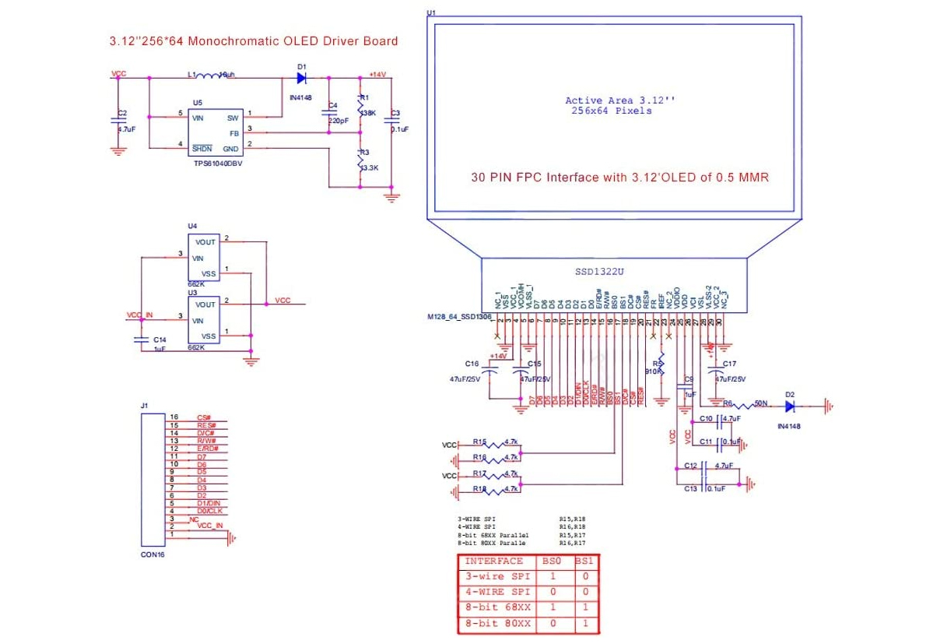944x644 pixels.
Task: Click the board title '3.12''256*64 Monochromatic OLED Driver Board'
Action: click(x=254, y=41)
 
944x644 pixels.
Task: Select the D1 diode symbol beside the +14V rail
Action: click(x=301, y=78)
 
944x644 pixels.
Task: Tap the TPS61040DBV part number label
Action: click(x=220, y=165)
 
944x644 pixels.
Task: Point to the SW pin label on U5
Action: click(x=233, y=118)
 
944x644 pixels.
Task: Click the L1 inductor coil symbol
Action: click(x=208, y=76)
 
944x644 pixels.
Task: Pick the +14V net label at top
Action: click(x=377, y=74)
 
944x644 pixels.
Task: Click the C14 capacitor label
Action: click(x=160, y=340)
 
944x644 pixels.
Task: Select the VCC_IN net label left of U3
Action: click(x=141, y=315)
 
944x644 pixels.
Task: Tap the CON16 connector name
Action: click(x=153, y=554)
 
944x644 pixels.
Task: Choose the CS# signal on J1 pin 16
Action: click(x=204, y=417)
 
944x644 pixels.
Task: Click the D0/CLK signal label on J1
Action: click(x=209, y=511)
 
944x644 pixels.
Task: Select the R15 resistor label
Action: click(x=479, y=442)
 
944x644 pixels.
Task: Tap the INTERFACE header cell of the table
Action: click(x=493, y=561)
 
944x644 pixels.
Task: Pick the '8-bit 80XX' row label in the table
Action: click(x=497, y=624)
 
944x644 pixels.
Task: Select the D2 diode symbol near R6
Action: click(x=789, y=406)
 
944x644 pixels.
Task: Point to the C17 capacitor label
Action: click(x=729, y=364)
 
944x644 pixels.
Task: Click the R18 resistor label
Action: click(x=479, y=488)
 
